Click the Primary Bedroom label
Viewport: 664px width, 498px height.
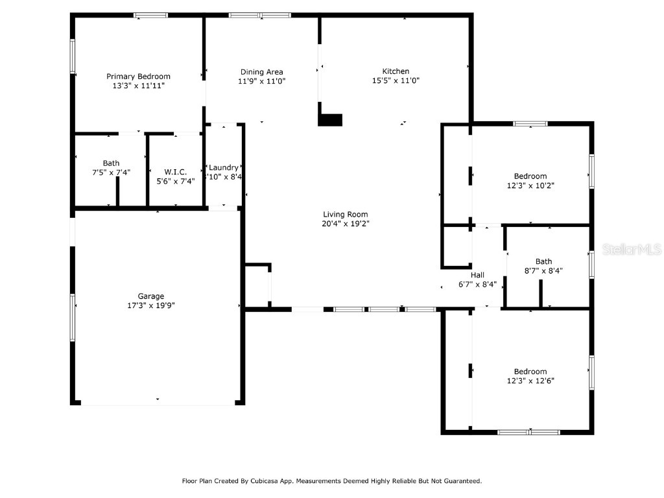tap(138, 77)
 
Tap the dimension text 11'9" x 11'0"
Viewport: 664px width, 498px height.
tap(261, 81)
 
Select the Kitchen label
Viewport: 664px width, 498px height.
tap(396, 71)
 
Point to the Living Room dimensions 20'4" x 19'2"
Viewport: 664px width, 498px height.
tap(346, 224)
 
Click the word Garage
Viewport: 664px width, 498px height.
tap(150, 296)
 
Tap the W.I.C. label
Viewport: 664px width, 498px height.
tap(175, 172)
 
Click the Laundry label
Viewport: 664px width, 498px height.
tap(224, 167)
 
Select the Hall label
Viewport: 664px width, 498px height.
tap(477, 275)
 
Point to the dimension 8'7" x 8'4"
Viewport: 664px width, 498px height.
tap(543, 271)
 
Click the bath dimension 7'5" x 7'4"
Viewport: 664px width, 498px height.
tap(111, 172)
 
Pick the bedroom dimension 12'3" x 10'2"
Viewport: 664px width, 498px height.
tap(530, 185)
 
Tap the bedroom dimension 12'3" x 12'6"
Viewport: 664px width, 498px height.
tap(530, 381)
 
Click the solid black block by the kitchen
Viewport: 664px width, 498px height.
tap(330, 120)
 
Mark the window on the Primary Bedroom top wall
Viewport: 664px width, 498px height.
tap(150, 16)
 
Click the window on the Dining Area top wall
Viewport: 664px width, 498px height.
tap(260, 16)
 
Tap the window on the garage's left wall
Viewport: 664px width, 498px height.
tap(73, 317)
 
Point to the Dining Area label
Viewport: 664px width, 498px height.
tap(261, 72)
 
